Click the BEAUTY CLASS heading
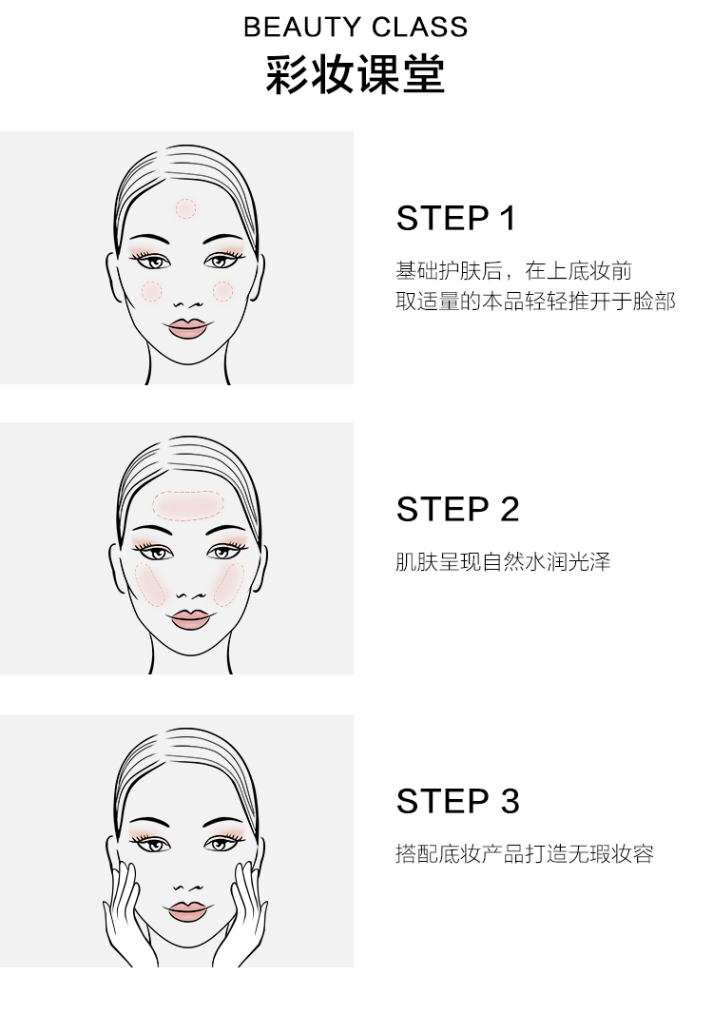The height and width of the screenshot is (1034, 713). [356, 27]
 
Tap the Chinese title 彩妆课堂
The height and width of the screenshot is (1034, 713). [356, 74]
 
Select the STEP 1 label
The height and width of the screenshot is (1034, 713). [455, 218]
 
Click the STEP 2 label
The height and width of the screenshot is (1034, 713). [457, 509]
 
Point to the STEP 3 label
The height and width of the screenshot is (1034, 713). [457, 801]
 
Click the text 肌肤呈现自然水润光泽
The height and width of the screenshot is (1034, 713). [503, 562]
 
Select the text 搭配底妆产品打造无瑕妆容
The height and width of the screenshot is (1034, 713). [525, 854]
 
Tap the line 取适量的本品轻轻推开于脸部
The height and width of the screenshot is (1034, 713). [536, 302]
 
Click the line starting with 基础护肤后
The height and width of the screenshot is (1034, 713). [514, 271]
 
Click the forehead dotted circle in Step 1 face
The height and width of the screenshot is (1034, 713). [185, 209]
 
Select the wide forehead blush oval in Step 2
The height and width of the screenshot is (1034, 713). [188, 506]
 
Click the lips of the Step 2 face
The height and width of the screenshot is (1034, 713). [190, 619]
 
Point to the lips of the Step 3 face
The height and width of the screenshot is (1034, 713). [188, 911]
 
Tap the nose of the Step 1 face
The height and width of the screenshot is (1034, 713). [188, 304]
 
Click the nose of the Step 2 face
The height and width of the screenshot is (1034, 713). [191, 595]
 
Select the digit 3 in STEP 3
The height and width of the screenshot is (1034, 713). [511, 801]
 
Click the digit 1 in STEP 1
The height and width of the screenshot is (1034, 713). [508, 218]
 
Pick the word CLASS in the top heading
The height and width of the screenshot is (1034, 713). [420, 27]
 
